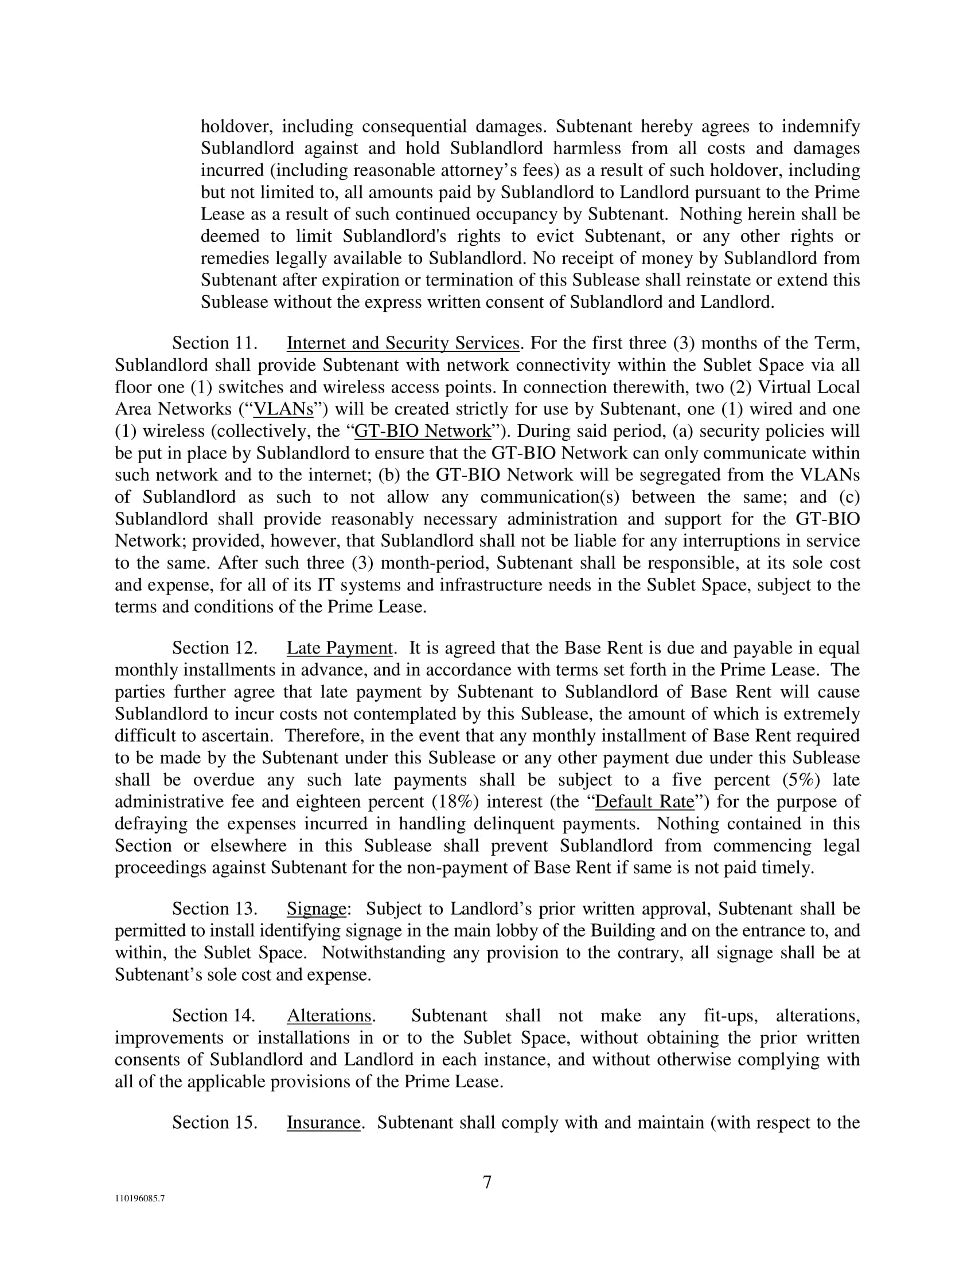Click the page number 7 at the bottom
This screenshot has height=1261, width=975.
(487, 1182)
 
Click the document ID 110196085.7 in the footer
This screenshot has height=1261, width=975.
(139, 1198)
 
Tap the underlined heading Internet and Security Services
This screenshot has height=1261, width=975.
(403, 343)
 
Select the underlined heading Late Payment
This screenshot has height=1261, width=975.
(339, 648)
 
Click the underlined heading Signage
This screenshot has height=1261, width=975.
(316, 909)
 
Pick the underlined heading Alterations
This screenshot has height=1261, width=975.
(329, 1016)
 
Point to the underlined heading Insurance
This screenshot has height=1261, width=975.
(323, 1122)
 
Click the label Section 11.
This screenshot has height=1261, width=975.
(214, 343)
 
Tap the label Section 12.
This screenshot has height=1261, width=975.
(214, 648)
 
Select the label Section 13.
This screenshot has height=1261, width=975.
(214, 909)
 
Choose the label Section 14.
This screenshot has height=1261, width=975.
(214, 1016)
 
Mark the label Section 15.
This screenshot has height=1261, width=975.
(214, 1122)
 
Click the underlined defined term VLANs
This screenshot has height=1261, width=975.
(283, 409)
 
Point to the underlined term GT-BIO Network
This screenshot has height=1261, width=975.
(422, 430)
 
